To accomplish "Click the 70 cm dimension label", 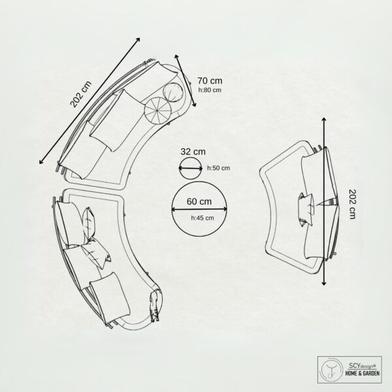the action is pyautogui.click(x=210, y=81).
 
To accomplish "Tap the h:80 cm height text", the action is pyautogui.click(x=210, y=90).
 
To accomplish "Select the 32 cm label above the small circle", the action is pyautogui.click(x=193, y=152).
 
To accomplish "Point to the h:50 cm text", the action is pyautogui.click(x=218, y=168).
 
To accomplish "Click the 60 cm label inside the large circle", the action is pyautogui.click(x=199, y=201).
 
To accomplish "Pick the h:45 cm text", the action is pyautogui.click(x=203, y=218).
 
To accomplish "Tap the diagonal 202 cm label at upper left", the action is pyautogui.click(x=81, y=95).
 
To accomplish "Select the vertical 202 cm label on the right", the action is pyautogui.click(x=352, y=204).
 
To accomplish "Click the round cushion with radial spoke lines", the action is pyautogui.click(x=157, y=110).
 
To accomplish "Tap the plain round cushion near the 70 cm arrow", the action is pyautogui.click(x=174, y=93).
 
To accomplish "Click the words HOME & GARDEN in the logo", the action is pyautogui.click(x=362, y=373).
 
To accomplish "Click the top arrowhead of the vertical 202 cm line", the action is pyautogui.click(x=324, y=120).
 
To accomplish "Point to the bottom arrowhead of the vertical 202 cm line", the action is pyautogui.click(x=324, y=283).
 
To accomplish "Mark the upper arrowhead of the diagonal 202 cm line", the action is pyautogui.click(x=138, y=39).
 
